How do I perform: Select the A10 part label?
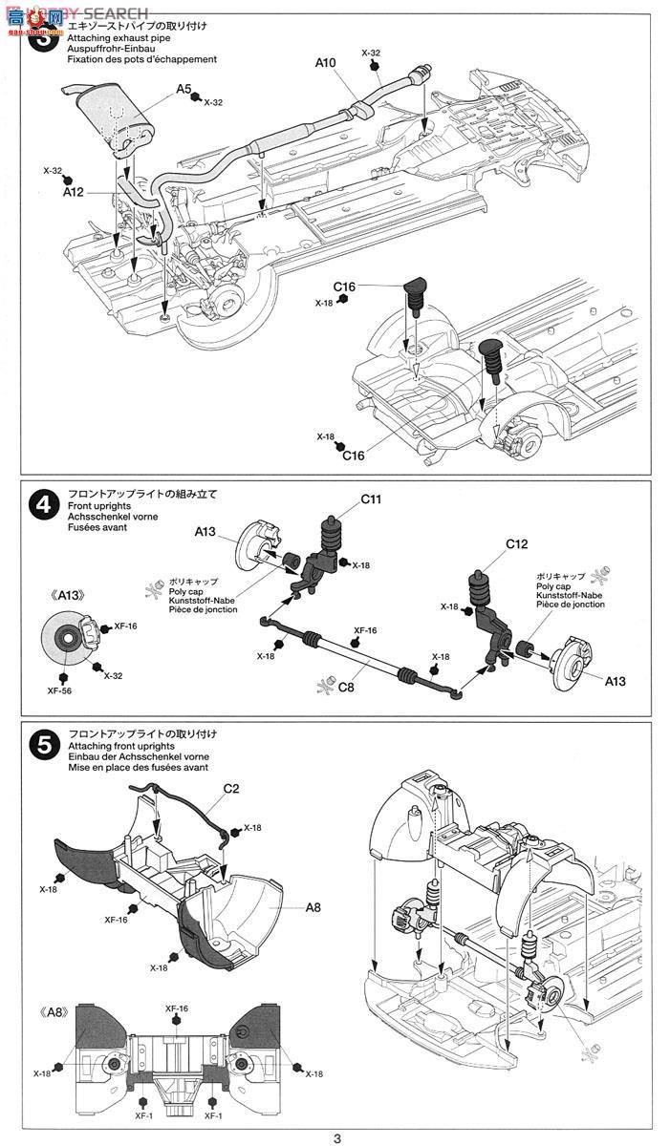coord(326,63)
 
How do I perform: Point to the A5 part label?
coord(184,90)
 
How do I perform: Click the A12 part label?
coord(74,191)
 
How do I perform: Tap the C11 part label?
coord(371,499)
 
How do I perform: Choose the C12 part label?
coord(517,543)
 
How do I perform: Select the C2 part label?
coord(230,789)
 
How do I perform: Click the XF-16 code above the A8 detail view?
coord(176,1008)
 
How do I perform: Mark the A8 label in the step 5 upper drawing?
coord(313,908)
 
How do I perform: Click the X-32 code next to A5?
coord(212,101)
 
